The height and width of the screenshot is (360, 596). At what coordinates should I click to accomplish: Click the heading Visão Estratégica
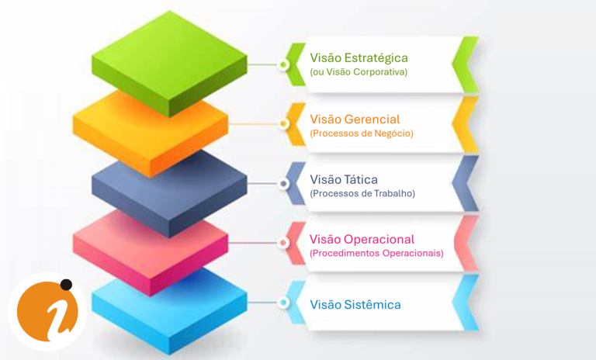[x=359, y=57]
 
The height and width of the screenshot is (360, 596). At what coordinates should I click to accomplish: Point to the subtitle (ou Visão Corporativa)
[x=358, y=72]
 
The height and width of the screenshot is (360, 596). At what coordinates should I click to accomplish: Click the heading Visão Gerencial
[x=355, y=119]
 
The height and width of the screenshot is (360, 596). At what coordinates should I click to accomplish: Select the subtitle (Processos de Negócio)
[x=361, y=133]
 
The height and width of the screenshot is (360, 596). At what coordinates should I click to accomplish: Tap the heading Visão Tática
[x=344, y=179]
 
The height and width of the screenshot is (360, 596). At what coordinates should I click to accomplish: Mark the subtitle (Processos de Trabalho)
[x=362, y=194]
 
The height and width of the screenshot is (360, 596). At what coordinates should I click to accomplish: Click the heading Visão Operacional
[x=362, y=239]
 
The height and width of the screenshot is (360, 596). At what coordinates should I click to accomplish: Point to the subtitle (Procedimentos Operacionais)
[x=376, y=254]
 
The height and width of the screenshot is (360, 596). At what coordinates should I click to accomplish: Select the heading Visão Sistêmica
[x=355, y=305]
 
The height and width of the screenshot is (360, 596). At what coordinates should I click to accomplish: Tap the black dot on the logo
[x=66, y=285]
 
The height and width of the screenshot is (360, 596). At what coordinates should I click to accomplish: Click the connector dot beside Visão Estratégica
[x=284, y=64]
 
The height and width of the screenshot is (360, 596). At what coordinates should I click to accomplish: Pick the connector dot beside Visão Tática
[x=284, y=185]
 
